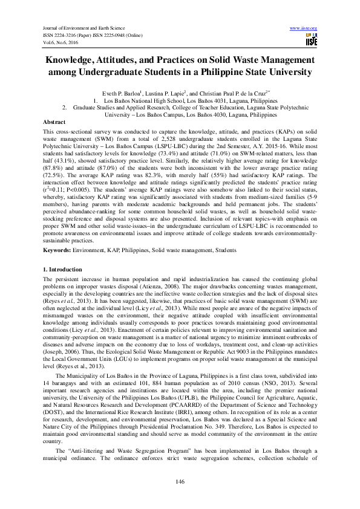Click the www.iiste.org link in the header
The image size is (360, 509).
[x=304, y=28]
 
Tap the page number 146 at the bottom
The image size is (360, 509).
[x=180, y=481]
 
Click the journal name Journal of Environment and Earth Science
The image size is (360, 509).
[x=81, y=28]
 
